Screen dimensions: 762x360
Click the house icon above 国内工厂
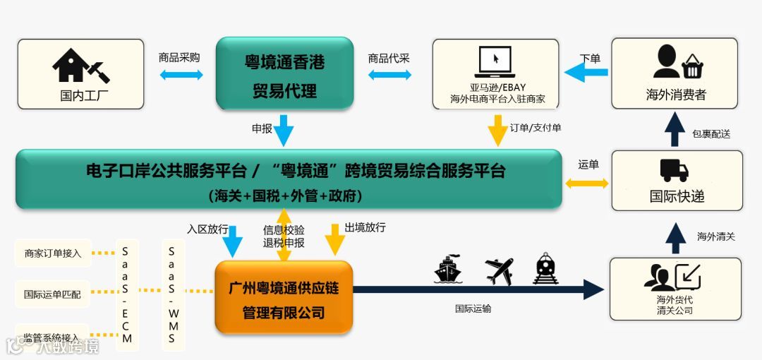click(80, 66)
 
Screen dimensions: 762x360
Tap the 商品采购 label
click(179, 58)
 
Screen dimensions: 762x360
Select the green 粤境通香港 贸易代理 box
click(284, 74)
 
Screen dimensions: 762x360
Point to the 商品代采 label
click(389, 58)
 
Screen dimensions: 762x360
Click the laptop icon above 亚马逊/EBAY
click(495, 63)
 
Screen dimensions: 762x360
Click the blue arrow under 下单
click(586, 72)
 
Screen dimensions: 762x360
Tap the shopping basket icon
click(693, 67)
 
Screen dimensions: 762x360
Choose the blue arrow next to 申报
click(284, 131)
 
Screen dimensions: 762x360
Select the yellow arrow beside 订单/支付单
click(498, 131)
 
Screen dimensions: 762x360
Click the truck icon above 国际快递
click(674, 170)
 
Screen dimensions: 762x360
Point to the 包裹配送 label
click(710, 133)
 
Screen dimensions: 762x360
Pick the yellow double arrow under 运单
click(587, 183)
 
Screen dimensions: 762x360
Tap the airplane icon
click(499, 270)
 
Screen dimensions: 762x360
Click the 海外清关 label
click(715, 236)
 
